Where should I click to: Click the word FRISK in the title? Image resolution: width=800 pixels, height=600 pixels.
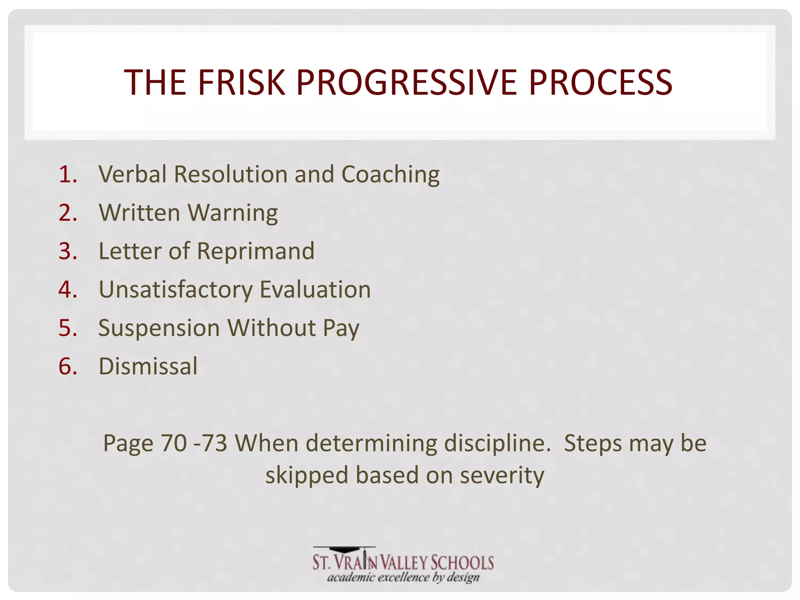click(x=241, y=82)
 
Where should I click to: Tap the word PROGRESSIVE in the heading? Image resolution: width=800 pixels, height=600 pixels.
click(x=407, y=82)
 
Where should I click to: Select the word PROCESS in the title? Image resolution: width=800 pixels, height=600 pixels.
click(x=600, y=82)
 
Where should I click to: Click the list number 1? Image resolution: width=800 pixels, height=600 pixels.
click(x=68, y=174)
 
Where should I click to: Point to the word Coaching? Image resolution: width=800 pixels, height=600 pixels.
click(x=390, y=175)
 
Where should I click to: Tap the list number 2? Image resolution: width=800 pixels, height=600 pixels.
click(x=68, y=213)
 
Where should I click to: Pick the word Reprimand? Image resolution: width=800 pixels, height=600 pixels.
click(x=255, y=251)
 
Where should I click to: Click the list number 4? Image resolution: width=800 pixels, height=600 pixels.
click(x=68, y=290)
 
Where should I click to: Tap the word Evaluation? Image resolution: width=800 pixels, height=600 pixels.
click(x=315, y=290)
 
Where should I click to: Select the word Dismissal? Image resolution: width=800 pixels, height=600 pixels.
click(x=148, y=366)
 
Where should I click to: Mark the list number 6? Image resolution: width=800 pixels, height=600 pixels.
click(x=68, y=367)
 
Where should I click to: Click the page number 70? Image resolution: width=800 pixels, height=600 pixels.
click(x=173, y=443)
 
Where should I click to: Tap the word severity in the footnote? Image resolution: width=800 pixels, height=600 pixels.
click(x=502, y=475)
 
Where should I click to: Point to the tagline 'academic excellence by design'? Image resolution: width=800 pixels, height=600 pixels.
click(x=403, y=577)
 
